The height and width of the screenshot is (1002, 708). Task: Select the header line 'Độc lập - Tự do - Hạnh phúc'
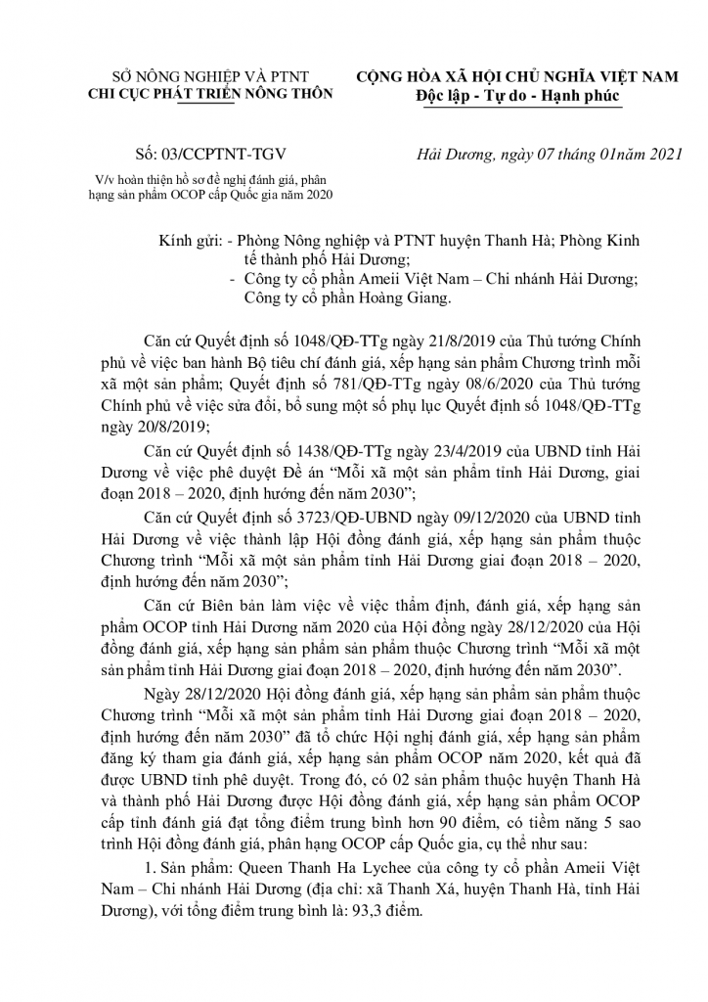point(516,97)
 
